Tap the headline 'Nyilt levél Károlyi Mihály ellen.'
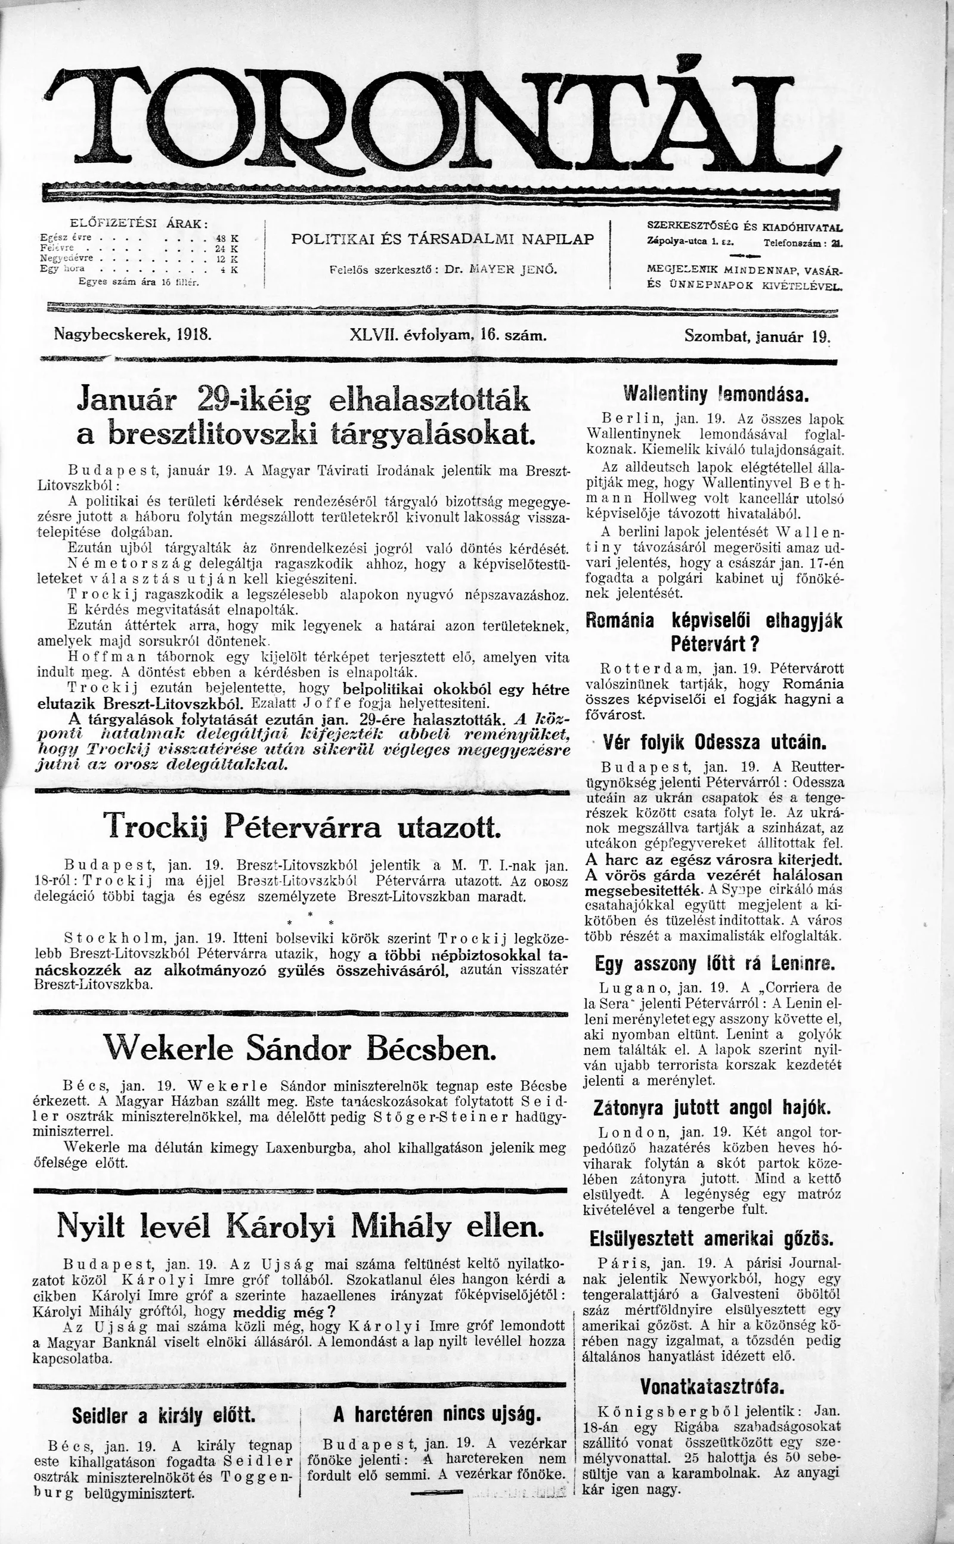(x=300, y=1227)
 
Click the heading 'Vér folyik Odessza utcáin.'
(x=715, y=742)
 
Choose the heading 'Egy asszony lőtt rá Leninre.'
(x=715, y=964)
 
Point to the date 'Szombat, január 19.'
(x=757, y=336)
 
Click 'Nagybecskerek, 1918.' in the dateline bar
(x=133, y=334)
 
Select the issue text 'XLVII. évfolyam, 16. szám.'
(x=447, y=335)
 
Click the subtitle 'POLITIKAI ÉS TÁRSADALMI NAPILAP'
(x=442, y=239)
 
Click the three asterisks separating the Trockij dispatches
(x=310, y=916)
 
